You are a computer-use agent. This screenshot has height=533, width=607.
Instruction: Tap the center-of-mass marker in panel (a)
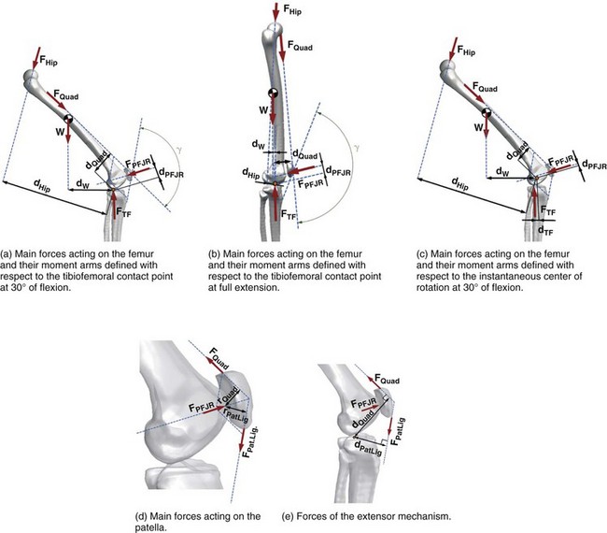[69, 119]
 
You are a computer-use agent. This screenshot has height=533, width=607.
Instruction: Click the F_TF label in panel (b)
[293, 214]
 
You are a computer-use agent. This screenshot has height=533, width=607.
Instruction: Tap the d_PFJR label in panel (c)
[595, 166]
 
